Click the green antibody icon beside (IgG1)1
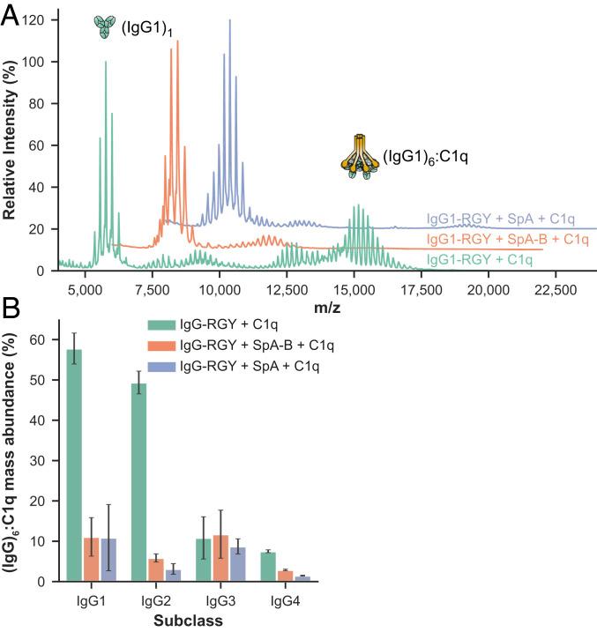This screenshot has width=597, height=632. coord(106,26)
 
